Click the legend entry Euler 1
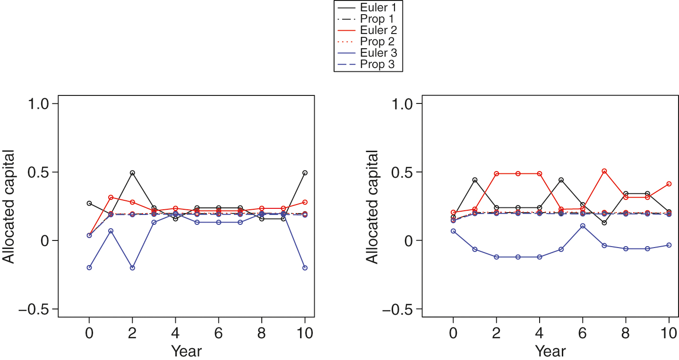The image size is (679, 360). click(x=368, y=7)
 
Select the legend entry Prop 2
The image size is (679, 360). click(x=368, y=42)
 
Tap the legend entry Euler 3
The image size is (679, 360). click(x=368, y=53)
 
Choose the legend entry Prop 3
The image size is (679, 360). click(x=368, y=64)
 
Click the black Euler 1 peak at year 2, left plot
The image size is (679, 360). click(x=132, y=173)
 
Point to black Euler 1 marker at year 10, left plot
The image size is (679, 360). click(x=305, y=173)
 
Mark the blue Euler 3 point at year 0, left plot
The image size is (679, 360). click(x=89, y=267)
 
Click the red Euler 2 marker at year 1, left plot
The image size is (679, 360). click(x=111, y=197)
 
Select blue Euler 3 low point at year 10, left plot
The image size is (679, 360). click(x=305, y=268)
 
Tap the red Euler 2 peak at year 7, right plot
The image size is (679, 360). click(x=604, y=171)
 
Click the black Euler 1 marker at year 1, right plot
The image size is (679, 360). click(x=475, y=180)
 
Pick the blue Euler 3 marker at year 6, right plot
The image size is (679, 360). click(x=583, y=226)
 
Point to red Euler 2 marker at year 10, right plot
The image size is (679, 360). click(x=669, y=184)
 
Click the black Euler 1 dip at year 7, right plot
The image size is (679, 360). click(x=604, y=223)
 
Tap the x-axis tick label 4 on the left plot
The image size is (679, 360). click(x=175, y=332)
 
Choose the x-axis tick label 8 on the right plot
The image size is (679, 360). click(x=626, y=332)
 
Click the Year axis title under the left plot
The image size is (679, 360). click(x=186, y=351)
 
